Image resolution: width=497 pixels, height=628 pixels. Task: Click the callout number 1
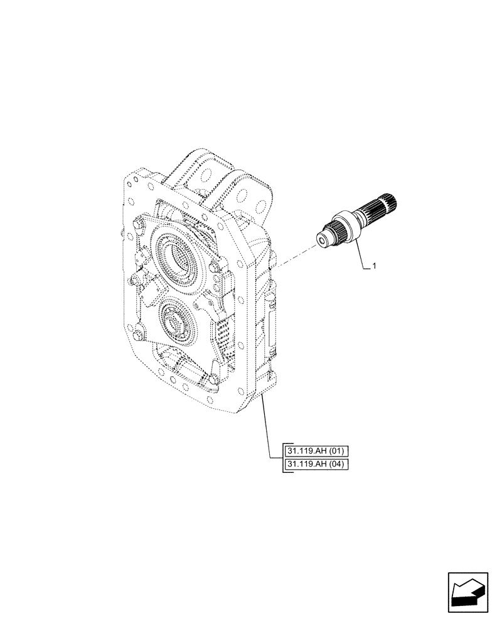374,267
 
